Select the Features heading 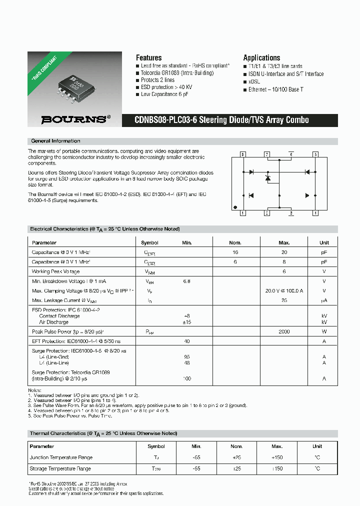pyautogui.click(x=148, y=57)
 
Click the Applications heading pyautogui.click(x=261, y=57)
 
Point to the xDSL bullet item pyautogui.click(x=254, y=81)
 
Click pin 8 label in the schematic pyautogui.click(x=243, y=154)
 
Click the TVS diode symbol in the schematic pyautogui.click(x=267, y=177)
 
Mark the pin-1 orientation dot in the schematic pyautogui.click(x=235, y=206)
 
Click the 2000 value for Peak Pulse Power pyautogui.click(x=284, y=331)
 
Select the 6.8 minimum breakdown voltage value pyautogui.click(x=186, y=281)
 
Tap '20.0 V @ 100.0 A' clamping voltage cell pyautogui.click(x=284, y=290)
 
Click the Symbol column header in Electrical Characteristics pyautogui.click(x=149, y=242)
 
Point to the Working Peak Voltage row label pyautogui.click(x=55, y=271)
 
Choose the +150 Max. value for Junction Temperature pyautogui.click(x=277, y=457)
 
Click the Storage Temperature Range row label pyautogui.click(x=60, y=469)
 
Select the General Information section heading pyautogui.click(x=55, y=141)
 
